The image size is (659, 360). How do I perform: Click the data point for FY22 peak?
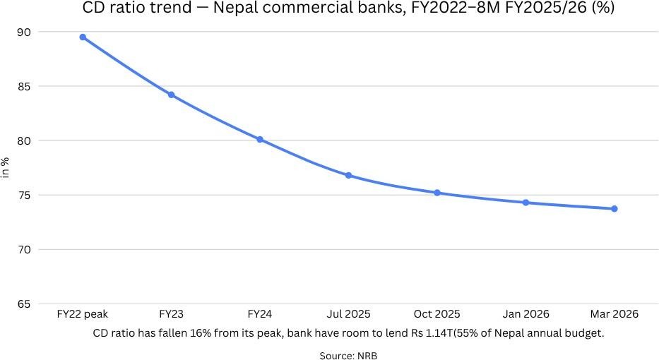click(x=83, y=37)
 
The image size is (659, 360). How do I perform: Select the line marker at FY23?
click(x=171, y=95)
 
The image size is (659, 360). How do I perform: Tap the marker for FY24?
click(x=260, y=140)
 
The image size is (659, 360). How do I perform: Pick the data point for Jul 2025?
click(x=348, y=175)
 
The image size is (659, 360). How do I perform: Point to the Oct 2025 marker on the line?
click(x=437, y=193)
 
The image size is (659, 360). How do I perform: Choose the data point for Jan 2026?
click(x=526, y=203)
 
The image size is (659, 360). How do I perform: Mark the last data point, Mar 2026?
click(x=615, y=209)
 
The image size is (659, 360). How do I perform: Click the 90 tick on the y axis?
click(x=25, y=32)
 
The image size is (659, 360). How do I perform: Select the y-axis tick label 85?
click(x=25, y=87)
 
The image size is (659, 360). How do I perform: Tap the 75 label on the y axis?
click(x=25, y=196)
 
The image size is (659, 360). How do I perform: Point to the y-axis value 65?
click(x=25, y=304)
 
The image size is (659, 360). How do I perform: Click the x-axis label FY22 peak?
click(x=83, y=314)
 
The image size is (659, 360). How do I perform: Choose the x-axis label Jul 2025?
click(x=348, y=314)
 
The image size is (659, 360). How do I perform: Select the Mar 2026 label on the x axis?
click(x=615, y=314)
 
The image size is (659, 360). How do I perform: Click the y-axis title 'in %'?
click(x=6, y=168)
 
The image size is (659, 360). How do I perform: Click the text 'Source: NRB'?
click(x=348, y=356)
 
